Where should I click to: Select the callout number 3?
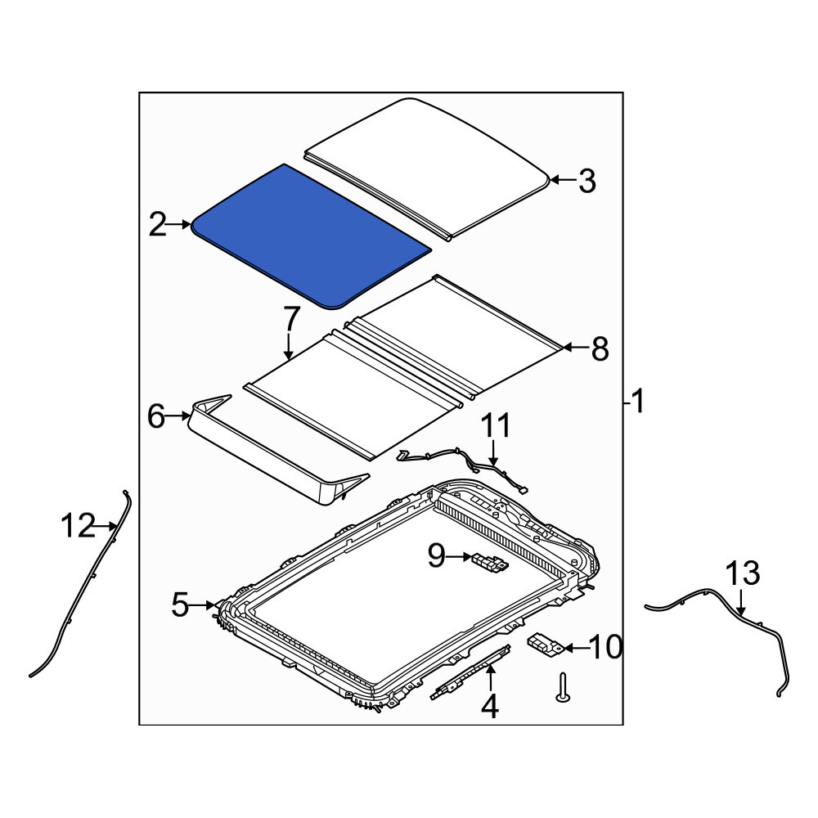[x=587, y=182]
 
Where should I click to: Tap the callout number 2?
[x=157, y=223]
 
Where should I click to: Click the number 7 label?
[x=290, y=318]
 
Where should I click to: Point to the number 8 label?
[x=600, y=349]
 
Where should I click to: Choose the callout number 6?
[x=155, y=417]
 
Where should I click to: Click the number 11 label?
[x=494, y=426]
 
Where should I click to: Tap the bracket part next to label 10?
[x=543, y=645]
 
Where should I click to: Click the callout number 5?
[x=184, y=606]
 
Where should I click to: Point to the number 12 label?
[x=80, y=527]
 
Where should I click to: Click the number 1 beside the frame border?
[x=638, y=401]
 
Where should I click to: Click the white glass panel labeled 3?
[x=425, y=164]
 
